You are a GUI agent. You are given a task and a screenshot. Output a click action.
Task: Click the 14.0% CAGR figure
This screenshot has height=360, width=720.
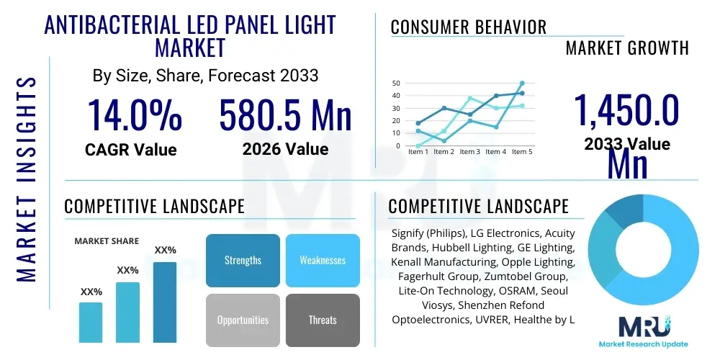click(134, 115)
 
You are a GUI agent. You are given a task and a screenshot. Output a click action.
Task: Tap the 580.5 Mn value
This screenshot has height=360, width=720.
click(285, 115)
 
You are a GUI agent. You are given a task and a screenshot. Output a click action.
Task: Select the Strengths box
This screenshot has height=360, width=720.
click(243, 260)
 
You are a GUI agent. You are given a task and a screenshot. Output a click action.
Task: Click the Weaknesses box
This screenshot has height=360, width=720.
click(323, 260)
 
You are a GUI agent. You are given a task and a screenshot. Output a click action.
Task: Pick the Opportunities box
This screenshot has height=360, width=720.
click(243, 320)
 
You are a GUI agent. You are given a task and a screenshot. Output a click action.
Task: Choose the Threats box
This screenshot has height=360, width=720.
click(323, 320)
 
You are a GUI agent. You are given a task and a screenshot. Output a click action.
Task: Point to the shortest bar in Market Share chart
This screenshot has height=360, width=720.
click(91, 322)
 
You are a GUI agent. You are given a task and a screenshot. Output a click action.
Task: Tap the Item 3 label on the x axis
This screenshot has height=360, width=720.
click(470, 152)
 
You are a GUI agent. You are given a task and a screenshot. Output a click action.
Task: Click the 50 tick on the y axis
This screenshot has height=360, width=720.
click(395, 83)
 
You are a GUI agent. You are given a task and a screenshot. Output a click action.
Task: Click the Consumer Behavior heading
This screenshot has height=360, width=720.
click(469, 27)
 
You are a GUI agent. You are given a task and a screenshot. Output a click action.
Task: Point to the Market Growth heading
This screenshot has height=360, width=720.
click(627, 48)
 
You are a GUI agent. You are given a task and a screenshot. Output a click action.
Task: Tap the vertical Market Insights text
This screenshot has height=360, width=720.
click(26, 179)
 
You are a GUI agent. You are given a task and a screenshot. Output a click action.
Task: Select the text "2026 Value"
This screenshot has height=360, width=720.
click(285, 149)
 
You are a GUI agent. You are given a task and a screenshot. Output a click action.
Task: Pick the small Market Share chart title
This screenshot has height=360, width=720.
click(107, 241)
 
